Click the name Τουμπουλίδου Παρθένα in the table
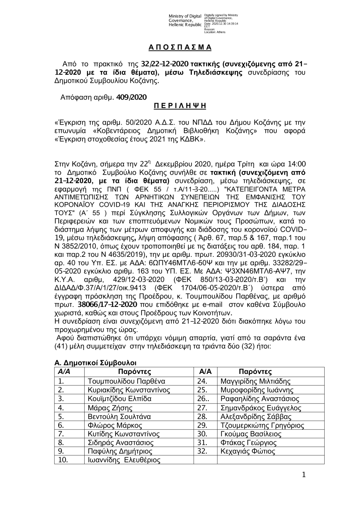tap(126, 381)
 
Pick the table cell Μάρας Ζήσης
tap(110, 408)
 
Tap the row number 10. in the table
tap(63, 460)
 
